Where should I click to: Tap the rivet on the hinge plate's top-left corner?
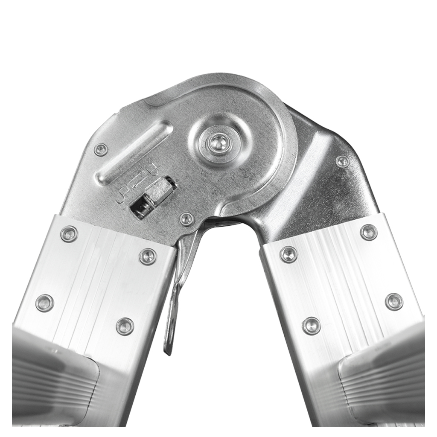tap(101, 149)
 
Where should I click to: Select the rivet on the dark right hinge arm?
tap(342, 161)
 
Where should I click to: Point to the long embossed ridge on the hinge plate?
tap(134, 153)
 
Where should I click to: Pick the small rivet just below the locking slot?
tap(186, 219)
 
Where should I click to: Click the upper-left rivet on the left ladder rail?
tap(69, 234)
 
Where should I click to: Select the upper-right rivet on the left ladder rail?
tap(148, 256)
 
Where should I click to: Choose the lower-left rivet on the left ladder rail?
tap(45, 303)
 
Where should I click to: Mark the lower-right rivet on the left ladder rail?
tap(125, 326)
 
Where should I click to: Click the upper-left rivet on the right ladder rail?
tap(288, 254)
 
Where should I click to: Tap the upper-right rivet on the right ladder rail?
tap(368, 232)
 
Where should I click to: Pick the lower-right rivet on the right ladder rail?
tap(393, 301)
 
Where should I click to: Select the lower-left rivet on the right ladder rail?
tap(311, 326)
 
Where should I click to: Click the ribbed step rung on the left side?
tap(51, 376)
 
